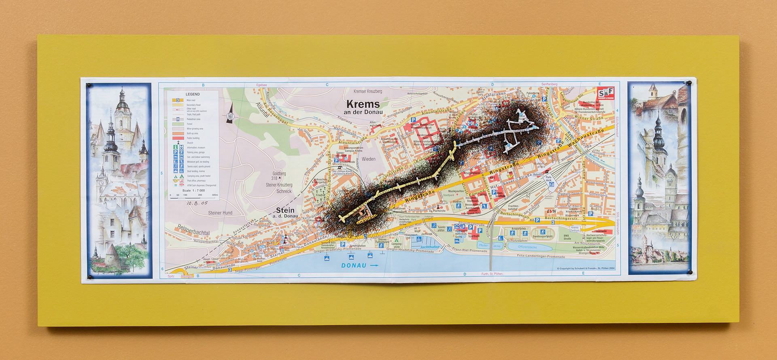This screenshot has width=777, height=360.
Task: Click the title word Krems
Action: pos(363,104)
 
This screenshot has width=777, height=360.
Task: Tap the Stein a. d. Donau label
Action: pos(285,212)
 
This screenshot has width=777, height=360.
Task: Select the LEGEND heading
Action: pos(193,94)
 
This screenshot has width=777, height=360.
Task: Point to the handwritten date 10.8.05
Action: pos(197,203)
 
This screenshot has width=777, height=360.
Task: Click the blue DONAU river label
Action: pos(354,265)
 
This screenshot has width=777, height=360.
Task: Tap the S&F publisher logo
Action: pos(606,93)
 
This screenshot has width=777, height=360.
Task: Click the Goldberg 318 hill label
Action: pos(278,176)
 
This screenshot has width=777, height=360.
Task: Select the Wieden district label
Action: pos(368,159)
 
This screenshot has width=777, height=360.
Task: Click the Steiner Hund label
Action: pos(220,213)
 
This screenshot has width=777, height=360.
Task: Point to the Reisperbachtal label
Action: pos(193,230)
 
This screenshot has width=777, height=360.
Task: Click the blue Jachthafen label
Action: pos(429,247)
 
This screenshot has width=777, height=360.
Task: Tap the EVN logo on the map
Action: pos(551,212)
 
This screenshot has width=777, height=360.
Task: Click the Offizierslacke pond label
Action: pos(527,247)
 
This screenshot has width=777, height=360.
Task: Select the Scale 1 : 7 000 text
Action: pos(193,190)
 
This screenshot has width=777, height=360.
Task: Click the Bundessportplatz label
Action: pos(542,236)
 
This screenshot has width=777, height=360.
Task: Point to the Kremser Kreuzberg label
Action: pos(367,91)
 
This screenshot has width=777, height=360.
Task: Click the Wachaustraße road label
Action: pos(586,138)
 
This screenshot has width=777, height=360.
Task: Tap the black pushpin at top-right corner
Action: pos(689,83)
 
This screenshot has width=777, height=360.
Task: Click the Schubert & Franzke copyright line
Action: pos(585,268)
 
